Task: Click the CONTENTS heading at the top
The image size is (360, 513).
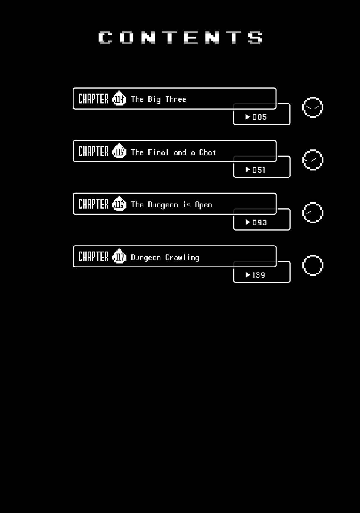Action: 180,38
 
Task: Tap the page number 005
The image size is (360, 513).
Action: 259,117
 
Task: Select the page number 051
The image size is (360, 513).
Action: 259,170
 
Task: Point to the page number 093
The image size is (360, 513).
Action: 259,223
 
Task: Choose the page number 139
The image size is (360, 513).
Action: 259,275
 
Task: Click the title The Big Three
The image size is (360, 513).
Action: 159,99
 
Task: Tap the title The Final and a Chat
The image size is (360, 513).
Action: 173,152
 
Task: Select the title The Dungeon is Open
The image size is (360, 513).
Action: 172,205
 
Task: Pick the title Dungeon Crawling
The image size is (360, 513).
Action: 165,258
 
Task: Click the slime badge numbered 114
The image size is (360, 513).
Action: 119,98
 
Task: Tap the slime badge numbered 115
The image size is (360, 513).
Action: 119,151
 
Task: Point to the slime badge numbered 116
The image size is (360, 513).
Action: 119,204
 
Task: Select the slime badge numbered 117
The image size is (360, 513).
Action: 119,256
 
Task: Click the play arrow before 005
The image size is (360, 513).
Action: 247,117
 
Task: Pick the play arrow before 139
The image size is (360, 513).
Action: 247,275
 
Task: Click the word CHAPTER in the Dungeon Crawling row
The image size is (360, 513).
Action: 93,256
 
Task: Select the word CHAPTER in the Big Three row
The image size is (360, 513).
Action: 93,99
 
